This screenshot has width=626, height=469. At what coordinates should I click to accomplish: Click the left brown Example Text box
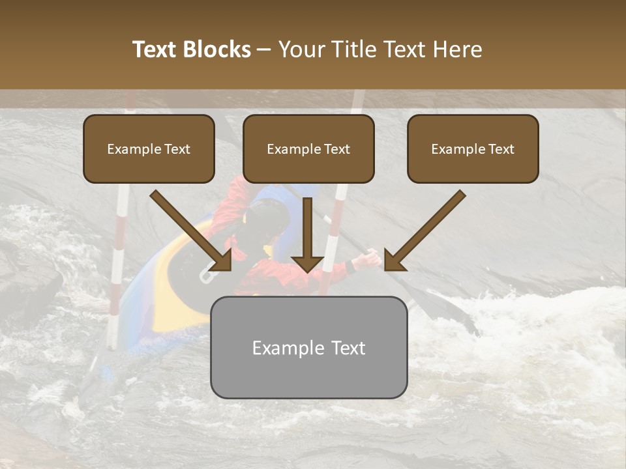coord(149,149)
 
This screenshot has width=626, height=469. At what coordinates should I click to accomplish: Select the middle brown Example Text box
coord(308,149)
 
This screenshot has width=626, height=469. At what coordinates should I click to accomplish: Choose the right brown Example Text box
coord(473,149)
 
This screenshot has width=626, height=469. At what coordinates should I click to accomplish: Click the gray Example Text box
coord(308,347)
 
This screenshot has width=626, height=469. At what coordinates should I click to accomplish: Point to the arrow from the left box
coord(192,231)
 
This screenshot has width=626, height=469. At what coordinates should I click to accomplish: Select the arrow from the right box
coord(424,231)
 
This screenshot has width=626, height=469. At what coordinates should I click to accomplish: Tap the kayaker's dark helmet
coord(267,218)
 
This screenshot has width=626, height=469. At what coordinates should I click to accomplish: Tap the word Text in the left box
coord(177,149)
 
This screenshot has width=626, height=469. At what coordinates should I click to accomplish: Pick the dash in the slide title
coord(264,50)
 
